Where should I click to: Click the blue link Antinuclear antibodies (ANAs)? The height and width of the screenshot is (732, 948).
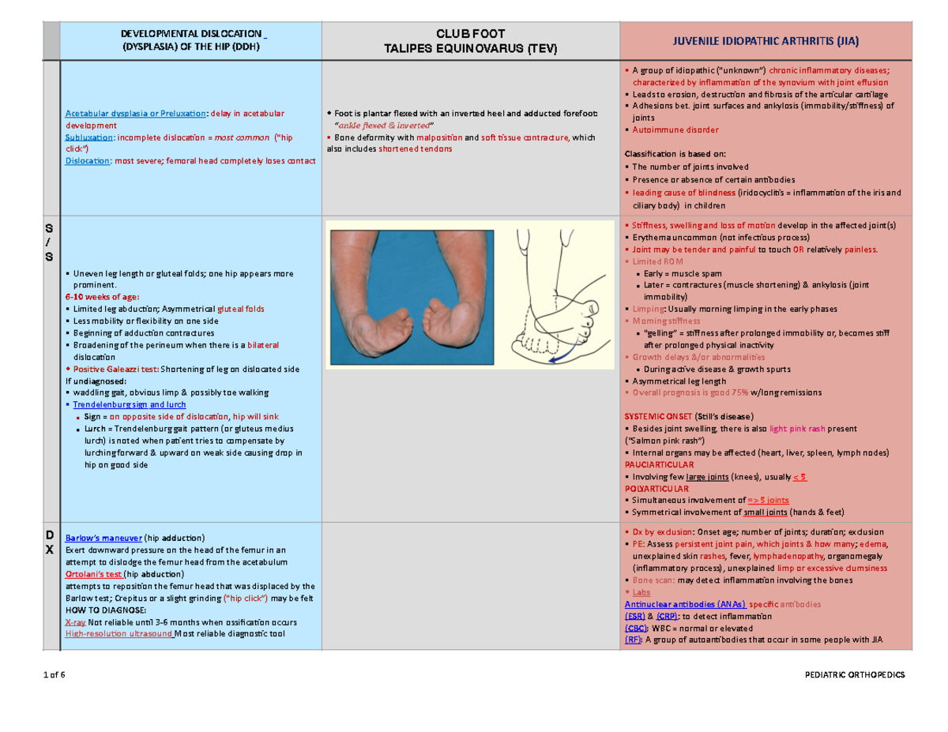683,603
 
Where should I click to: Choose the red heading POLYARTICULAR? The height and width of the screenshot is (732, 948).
656,490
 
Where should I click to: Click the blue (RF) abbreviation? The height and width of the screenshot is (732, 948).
632,640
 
